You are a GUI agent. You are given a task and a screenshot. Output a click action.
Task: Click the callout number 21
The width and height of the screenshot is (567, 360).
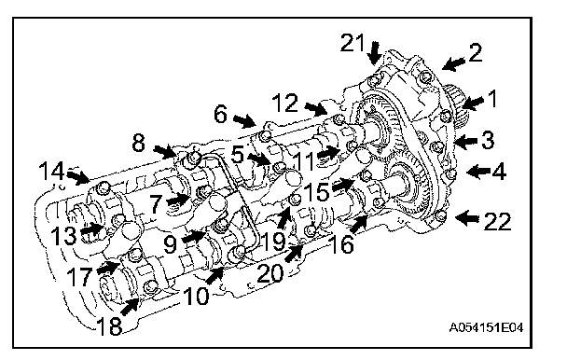click(x=353, y=44)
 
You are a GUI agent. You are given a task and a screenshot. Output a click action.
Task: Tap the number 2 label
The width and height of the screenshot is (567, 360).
click(x=474, y=52)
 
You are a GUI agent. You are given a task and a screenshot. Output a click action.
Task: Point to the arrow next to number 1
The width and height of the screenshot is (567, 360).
click(x=473, y=103)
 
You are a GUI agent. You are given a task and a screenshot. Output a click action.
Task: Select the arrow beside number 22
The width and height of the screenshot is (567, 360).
click(x=467, y=218)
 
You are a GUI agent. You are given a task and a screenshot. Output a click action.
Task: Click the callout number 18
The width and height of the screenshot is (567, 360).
click(x=109, y=326)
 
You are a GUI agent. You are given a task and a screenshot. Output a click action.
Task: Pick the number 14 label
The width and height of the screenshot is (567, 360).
click(x=51, y=171)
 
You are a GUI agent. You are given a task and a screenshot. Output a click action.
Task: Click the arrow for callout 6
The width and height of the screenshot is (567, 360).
click(x=244, y=120)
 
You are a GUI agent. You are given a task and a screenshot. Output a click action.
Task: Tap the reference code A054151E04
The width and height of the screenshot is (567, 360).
click(x=486, y=327)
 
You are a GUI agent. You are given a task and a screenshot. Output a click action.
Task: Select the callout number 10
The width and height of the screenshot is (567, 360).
click(x=196, y=297)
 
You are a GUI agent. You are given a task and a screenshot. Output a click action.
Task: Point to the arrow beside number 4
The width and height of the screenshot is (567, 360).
click(x=478, y=171)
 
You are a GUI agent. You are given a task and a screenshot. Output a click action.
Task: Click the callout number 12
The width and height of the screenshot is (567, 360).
click(x=285, y=103)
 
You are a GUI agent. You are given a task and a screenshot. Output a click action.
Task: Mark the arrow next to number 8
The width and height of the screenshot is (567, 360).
click(x=165, y=152)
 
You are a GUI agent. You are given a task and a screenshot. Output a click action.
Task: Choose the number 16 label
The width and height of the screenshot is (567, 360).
click(x=341, y=244)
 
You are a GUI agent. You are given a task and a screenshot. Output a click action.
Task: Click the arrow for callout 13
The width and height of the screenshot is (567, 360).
click(x=91, y=229)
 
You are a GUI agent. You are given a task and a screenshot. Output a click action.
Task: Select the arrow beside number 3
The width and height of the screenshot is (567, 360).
click(x=465, y=141)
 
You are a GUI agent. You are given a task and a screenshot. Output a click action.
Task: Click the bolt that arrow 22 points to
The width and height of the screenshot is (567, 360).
click(x=440, y=216)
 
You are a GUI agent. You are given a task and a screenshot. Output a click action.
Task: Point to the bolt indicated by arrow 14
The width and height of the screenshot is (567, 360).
click(x=103, y=187)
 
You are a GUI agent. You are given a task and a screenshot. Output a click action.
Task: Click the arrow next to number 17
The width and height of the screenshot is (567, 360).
click(x=108, y=268)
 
